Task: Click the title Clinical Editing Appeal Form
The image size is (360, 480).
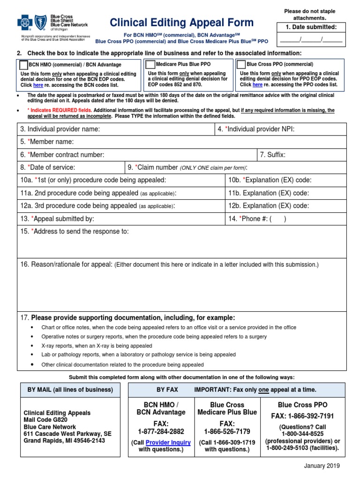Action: click(181, 22)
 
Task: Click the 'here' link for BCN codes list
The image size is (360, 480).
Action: click(38, 85)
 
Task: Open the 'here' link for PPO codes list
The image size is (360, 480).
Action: click(257, 85)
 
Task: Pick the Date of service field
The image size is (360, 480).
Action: click(98, 167)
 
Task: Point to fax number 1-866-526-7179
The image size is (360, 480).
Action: click(227, 431)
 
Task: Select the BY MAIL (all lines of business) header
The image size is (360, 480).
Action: click(70, 390)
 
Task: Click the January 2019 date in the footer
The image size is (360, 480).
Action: click(322, 466)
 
